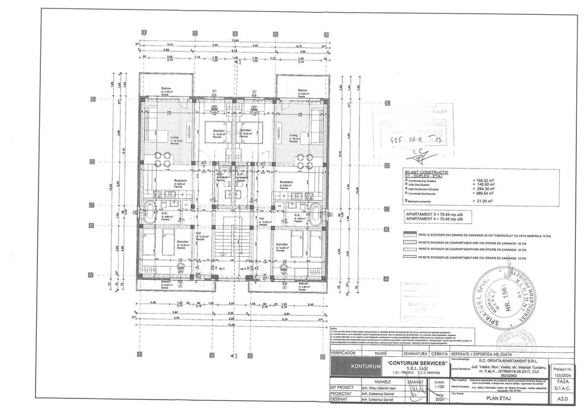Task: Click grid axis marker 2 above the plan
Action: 194,34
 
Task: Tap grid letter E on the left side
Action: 92,100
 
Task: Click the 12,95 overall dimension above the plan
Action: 235,39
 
